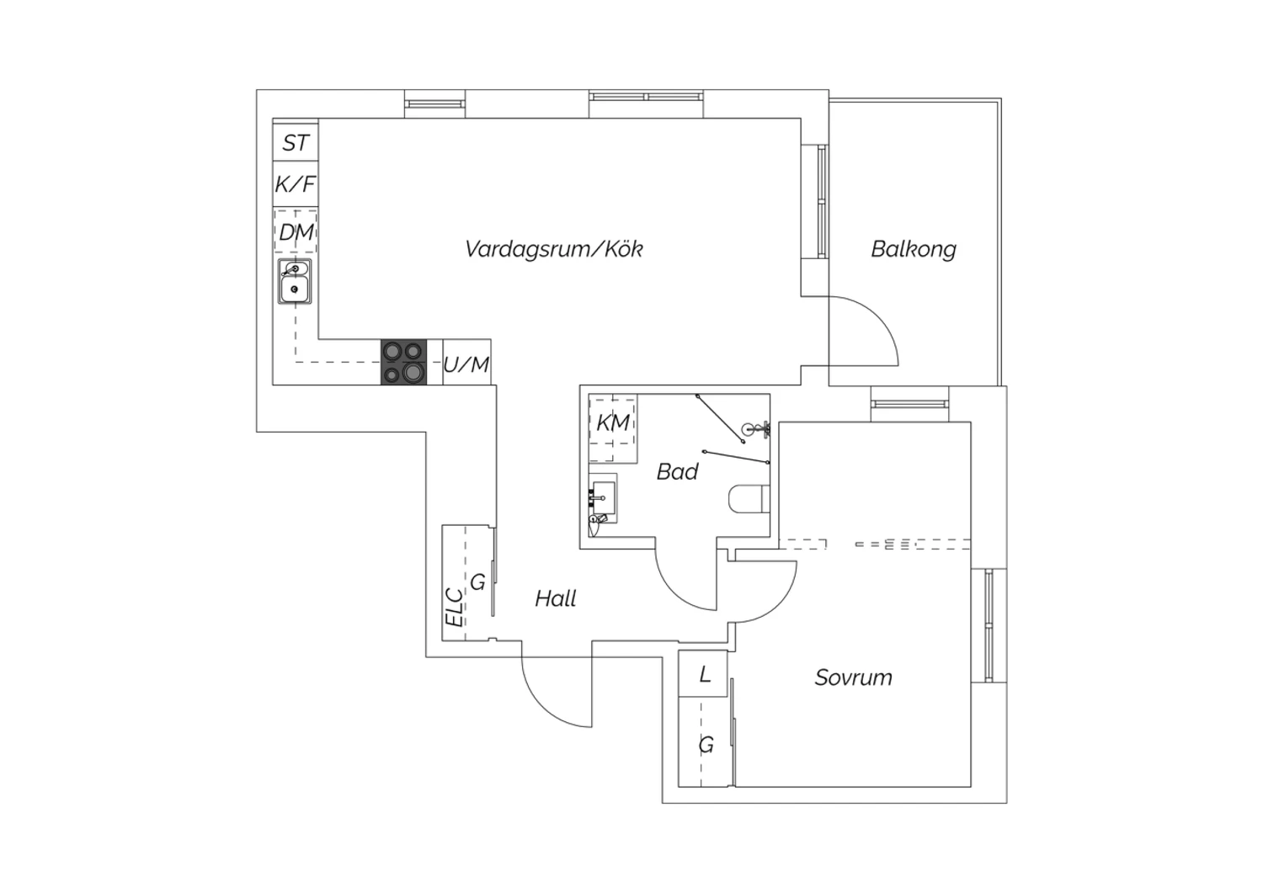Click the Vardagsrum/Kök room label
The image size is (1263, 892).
(x=554, y=249)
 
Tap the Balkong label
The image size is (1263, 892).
(x=914, y=249)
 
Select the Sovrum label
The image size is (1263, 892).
(x=853, y=677)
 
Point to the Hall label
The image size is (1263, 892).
(x=556, y=598)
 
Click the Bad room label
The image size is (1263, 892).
(x=677, y=471)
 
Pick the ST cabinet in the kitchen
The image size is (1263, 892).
(x=296, y=140)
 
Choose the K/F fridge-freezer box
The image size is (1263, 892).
(x=296, y=184)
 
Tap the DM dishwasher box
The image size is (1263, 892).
(x=296, y=231)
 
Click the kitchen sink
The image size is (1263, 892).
(x=295, y=282)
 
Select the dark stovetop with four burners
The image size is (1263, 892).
(x=403, y=363)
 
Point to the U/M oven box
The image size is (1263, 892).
(x=466, y=363)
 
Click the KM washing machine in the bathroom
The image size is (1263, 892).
(x=613, y=428)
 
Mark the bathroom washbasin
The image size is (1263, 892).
(x=603, y=498)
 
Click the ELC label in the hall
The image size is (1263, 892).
(x=454, y=608)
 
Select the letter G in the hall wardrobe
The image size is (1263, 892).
(x=477, y=582)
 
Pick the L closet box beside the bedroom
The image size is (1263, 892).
(x=702, y=673)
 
